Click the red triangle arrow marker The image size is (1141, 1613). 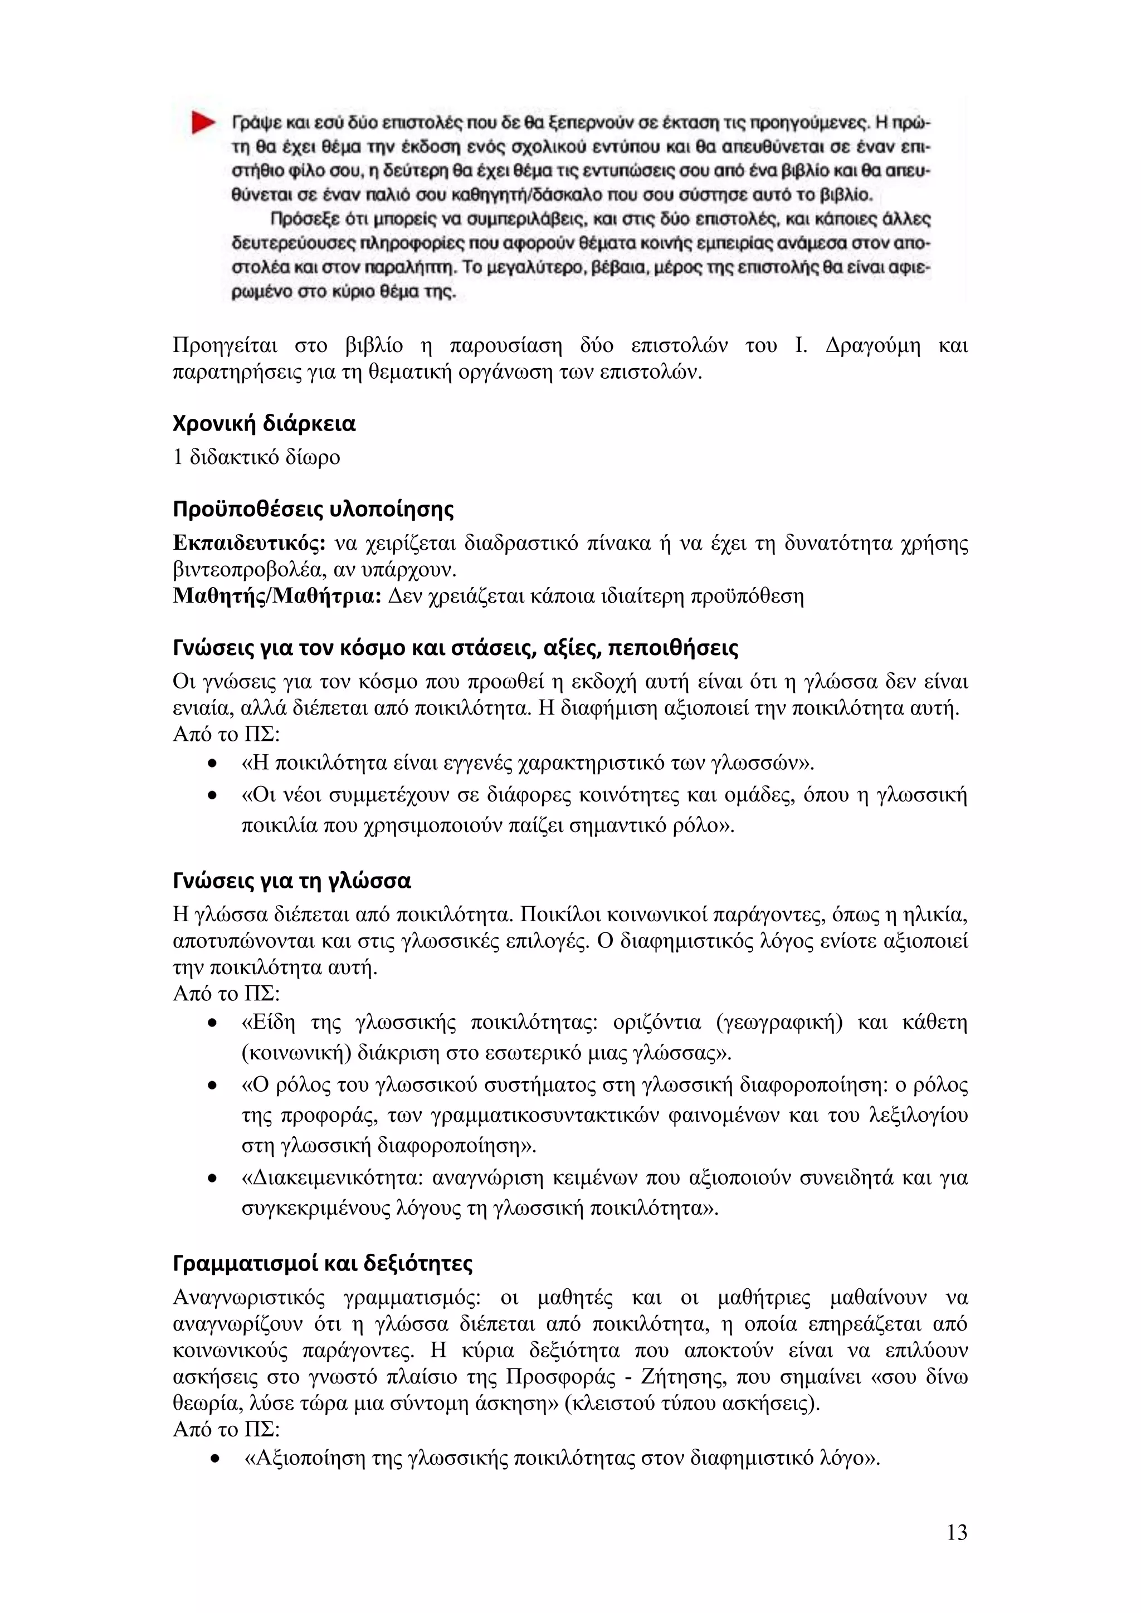click(203, 123)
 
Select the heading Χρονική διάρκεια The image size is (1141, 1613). click(264, 424)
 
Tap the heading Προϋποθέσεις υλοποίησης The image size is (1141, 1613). click(313, 509)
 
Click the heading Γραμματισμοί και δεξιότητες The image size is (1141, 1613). click(323, 1263)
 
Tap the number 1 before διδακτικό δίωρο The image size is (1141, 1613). click(178, 457)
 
